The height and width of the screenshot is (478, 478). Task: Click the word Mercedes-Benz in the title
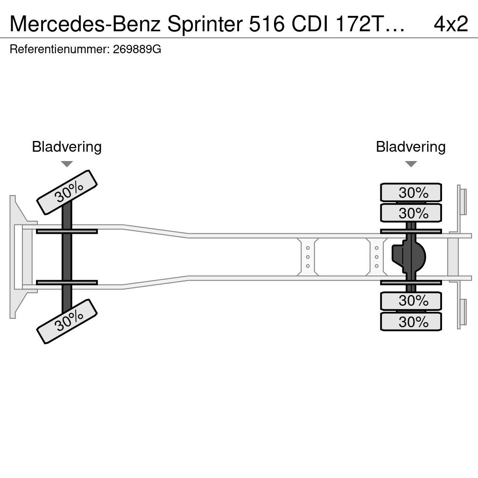click(85, 24)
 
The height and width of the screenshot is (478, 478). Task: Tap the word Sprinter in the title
click(205, 24)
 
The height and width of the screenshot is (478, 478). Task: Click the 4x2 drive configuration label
click(450, 24)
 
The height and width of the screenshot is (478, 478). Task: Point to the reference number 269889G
click(137, 49)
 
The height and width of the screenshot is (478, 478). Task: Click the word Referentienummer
click(60, 49)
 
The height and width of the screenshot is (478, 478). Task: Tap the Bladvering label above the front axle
click(67, 147)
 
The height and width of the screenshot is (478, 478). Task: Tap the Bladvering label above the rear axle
click(411, 147)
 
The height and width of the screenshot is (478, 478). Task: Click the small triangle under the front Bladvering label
click(67, 164)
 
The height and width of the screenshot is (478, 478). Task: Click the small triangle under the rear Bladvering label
click(411, 164)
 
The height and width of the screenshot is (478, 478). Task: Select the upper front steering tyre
click(67, 192)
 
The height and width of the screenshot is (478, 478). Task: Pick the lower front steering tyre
click(67, 321)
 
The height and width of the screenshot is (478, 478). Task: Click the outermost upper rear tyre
click(411, 192)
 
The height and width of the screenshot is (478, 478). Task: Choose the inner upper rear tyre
click(411, 213)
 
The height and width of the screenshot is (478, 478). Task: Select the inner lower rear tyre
click(411, 301)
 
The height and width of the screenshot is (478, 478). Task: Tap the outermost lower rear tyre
click(411, 322)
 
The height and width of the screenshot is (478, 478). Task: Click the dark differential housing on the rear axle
click(408, 257)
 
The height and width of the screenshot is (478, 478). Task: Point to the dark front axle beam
click(67, 257)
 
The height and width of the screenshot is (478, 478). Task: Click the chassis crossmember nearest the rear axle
click(377, 257)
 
